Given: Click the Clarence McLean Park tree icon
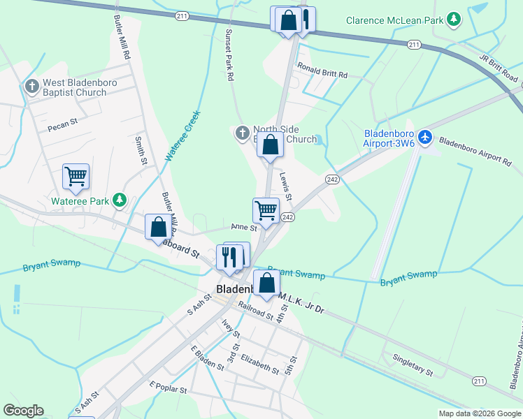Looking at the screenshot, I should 454,19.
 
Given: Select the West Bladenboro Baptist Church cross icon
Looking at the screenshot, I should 31,87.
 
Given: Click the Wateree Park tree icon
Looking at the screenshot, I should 120,201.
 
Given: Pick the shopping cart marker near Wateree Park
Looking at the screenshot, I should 76,177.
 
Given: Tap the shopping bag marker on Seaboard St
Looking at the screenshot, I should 159,226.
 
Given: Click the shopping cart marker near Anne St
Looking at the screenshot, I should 266,209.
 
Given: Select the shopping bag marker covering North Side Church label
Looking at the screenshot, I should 271,145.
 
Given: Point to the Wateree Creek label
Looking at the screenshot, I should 182,136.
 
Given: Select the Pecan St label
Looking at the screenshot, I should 62,128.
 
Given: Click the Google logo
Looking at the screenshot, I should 23,411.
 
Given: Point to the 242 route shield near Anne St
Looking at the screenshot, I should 287,218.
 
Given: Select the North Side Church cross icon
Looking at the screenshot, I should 242,133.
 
